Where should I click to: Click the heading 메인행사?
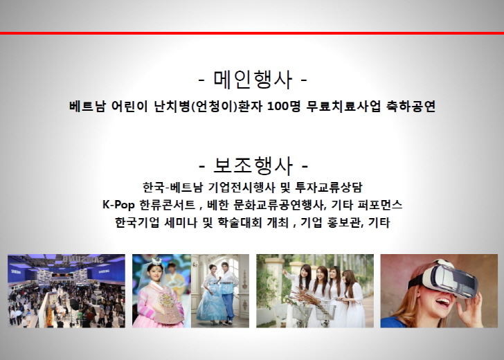[x=253, y=79]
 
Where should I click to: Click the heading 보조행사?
[x=253, y=165]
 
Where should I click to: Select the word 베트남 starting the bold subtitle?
[x=87, y=107]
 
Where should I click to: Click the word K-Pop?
[x=118, y=205]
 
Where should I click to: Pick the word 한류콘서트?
[x=167, y=205]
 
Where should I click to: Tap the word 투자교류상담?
[x=328, y=187]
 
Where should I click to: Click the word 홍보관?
[x=345, y=222]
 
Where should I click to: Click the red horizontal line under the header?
[x=252, y=33]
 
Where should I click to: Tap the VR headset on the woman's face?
[x=445, y=279]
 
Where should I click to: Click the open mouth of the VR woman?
[x=442, y=303]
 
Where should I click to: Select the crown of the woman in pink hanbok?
[x=157, y=260]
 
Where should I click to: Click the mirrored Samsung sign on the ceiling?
[x=82, y=259]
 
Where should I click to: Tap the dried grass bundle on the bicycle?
[x=303, y=298]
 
